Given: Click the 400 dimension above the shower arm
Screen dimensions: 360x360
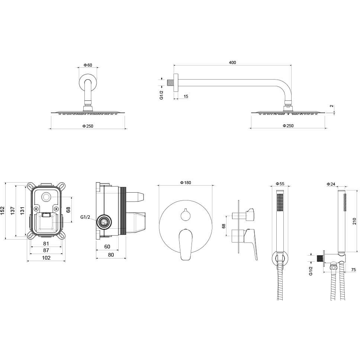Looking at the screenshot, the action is (x=232, y=62).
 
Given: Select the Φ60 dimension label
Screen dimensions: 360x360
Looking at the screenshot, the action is (x=88, y=65).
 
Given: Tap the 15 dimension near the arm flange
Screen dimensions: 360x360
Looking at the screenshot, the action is (x=186, y=96).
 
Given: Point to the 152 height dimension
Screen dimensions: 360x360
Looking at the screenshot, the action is (x=2, y=210).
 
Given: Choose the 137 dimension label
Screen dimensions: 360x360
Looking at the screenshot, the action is (x=13, y=210).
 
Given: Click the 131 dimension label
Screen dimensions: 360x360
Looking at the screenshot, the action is (x=22, y=210).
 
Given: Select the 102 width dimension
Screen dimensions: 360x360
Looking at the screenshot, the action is (x=46, y=258).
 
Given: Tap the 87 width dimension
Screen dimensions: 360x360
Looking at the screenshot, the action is (x=46, y=250).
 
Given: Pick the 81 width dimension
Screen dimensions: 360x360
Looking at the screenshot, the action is (x=46, y=243).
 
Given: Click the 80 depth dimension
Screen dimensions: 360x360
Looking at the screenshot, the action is (x=111, y=255).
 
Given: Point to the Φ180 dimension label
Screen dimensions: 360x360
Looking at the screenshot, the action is (x=186, y=183).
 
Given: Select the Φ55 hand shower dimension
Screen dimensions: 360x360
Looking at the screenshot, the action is (x=280, y=184).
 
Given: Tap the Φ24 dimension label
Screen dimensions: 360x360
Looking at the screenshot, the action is (x=331, y=184).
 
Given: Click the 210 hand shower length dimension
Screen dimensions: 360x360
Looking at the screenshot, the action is (x=354, y=221).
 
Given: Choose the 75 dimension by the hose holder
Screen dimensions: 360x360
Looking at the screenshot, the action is (x=353, y=270).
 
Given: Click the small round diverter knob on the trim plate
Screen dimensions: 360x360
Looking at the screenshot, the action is (x=186, y=215).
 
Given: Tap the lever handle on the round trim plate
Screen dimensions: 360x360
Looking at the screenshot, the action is (x=186, y=244).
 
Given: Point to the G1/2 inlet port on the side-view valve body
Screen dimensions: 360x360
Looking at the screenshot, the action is (x=104, y=222).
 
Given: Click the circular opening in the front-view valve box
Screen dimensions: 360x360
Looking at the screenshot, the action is (x=46, y=197).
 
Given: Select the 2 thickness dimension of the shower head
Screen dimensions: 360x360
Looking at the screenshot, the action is (x=331, y=106).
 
